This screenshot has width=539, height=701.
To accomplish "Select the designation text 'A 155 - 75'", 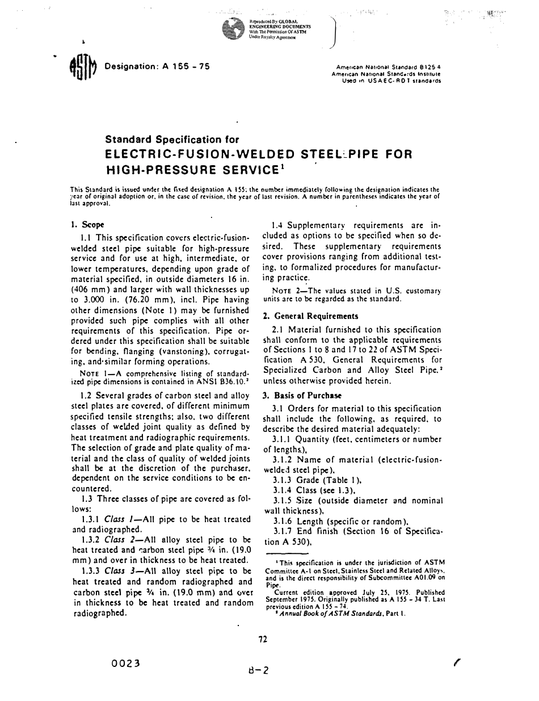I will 187,66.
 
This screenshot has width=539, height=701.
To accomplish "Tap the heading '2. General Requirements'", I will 310,316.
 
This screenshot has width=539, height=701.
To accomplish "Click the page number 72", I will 263,639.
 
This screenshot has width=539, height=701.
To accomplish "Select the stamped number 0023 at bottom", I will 127,662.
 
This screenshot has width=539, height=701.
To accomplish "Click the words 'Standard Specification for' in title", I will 172,140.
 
